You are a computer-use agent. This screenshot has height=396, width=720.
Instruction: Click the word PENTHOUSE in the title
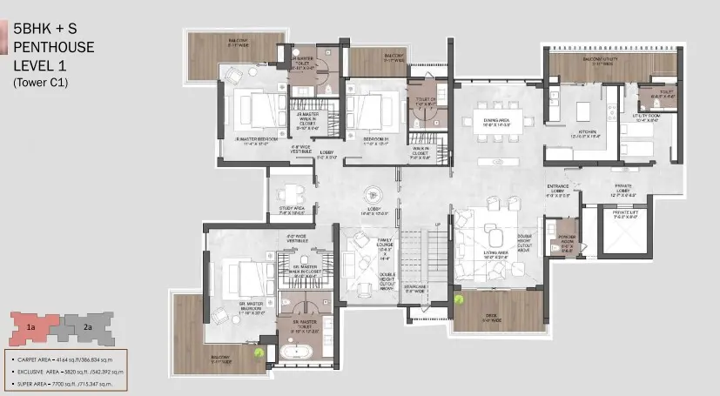point(54,46)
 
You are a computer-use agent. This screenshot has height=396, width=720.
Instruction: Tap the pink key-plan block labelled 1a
point(31,327)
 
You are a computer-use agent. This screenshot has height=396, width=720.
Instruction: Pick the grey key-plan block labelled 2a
point(88,327)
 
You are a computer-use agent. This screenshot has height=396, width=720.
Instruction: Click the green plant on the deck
point(458,297)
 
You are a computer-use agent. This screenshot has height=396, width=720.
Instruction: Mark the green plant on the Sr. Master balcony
point(259,352)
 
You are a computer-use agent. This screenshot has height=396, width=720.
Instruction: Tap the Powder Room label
point(568,245)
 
